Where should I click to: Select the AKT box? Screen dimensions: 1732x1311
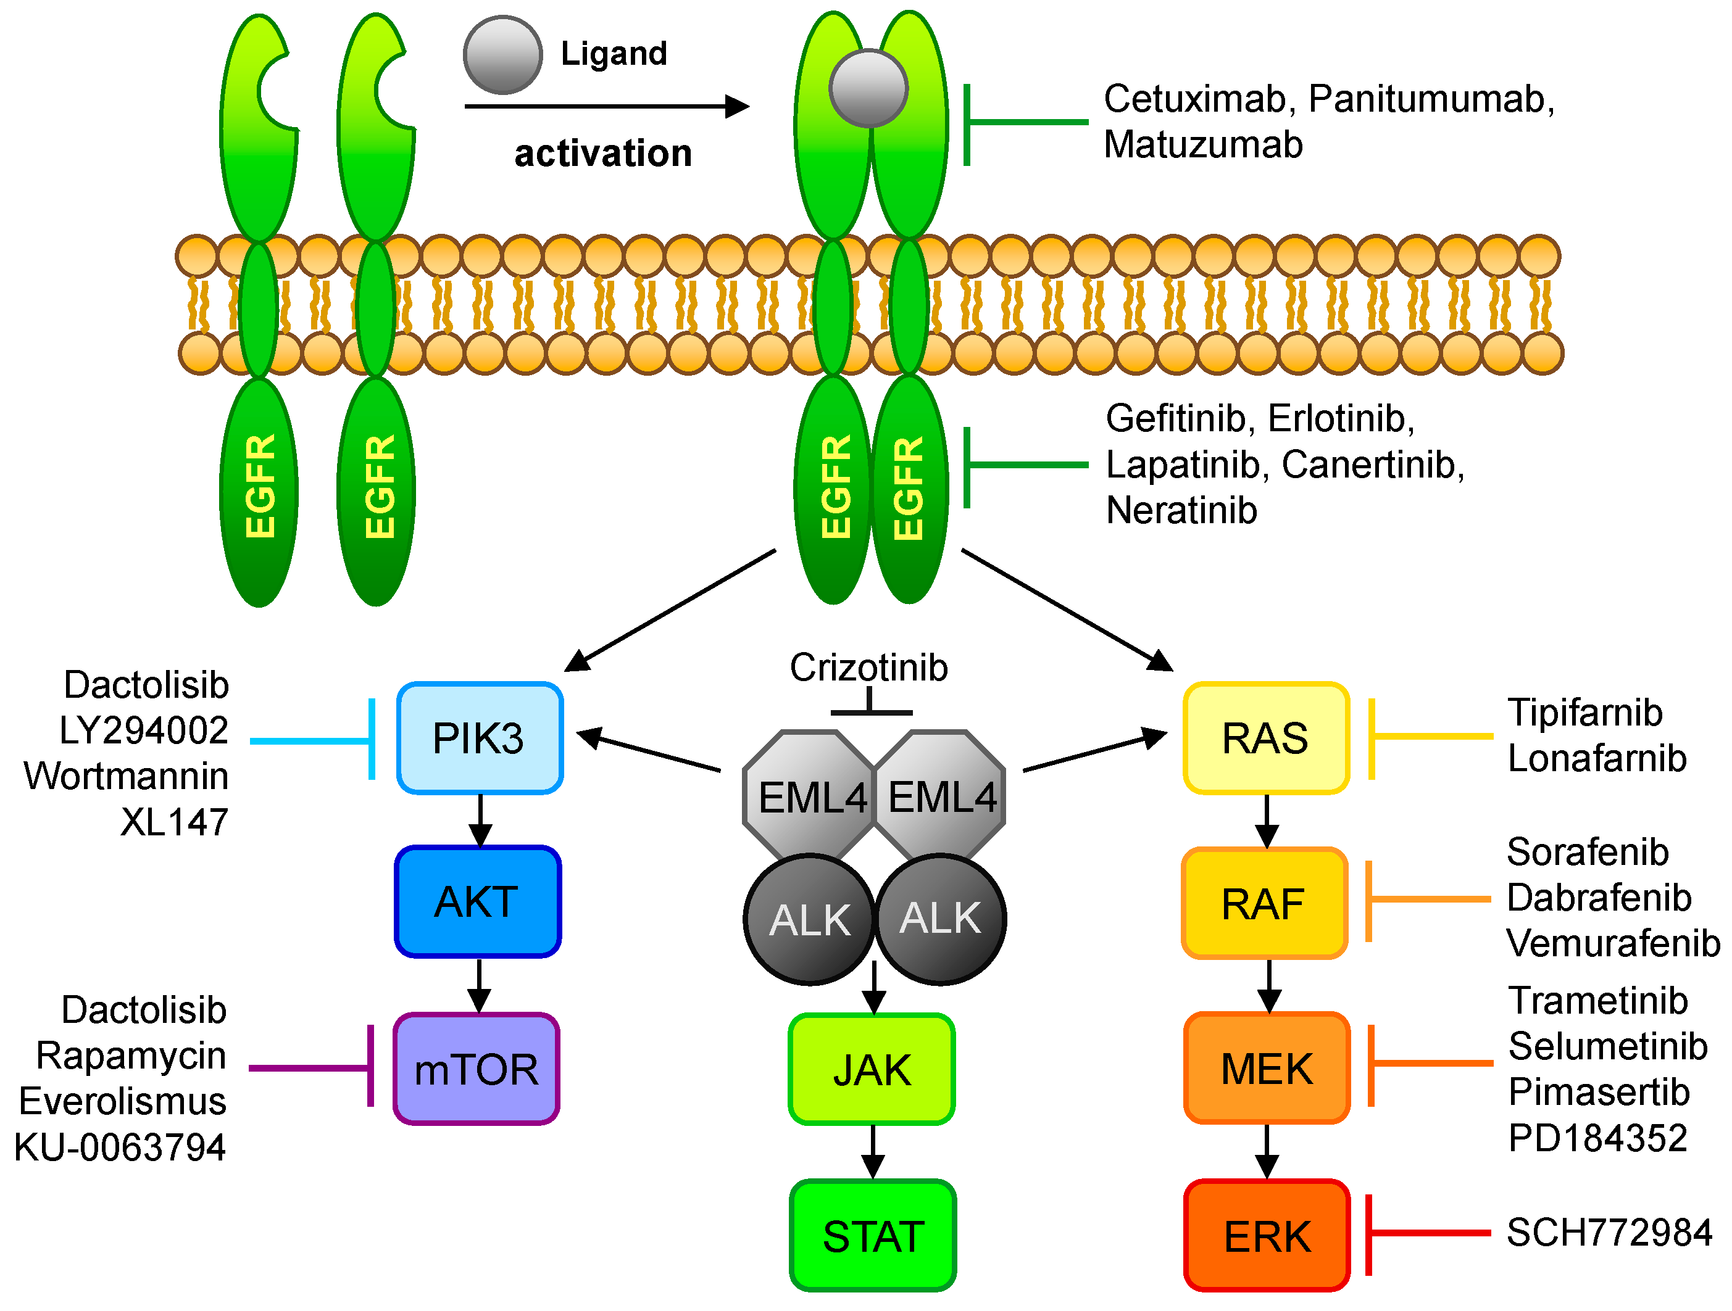(478, 901)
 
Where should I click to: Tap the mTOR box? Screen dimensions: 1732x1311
(476, 1069)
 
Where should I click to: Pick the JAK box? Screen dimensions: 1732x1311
(872, 1069)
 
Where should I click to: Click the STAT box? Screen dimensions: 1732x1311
(873, 1236)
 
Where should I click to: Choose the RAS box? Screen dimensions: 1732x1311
(1266, 738)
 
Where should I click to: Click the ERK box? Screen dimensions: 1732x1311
(1267, 1236)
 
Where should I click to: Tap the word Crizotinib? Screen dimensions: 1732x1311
(869, 668)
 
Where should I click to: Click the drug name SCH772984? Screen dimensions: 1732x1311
(1609, 1233)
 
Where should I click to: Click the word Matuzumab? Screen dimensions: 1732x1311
(1204, 145)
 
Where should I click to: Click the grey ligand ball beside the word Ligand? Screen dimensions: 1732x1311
(502, 55)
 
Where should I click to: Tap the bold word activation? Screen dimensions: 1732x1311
(603, 154)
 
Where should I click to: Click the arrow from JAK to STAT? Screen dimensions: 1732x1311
(873, 1152)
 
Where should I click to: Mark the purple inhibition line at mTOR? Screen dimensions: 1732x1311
(311, 1067)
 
